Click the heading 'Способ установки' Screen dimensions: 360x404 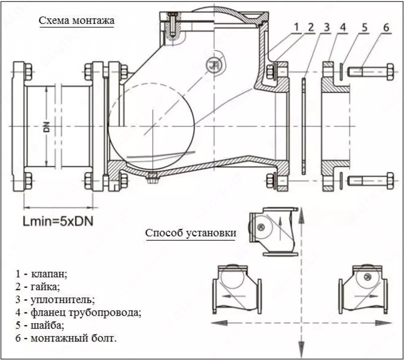191,233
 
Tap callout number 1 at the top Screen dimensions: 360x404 297,26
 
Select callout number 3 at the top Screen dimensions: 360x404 327,26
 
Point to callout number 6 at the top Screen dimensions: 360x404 386,26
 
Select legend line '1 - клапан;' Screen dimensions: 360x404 41,274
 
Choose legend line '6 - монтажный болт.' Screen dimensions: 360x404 66,338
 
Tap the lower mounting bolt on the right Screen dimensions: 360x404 371,179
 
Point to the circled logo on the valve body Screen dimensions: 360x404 214,63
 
